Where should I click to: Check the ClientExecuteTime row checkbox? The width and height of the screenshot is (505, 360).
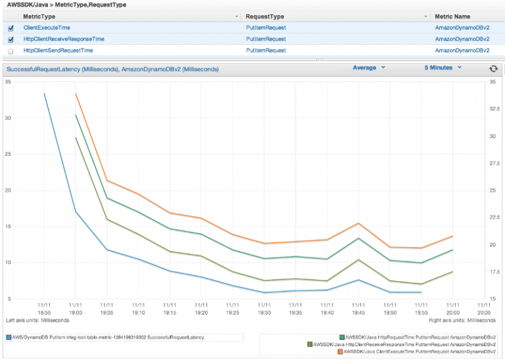point(10,28)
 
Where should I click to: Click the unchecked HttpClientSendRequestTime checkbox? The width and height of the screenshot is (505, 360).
point(10,51)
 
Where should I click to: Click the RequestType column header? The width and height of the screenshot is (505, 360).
point(264,16)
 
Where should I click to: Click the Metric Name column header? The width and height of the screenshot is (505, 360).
point(453,16)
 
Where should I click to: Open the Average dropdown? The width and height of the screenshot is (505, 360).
point(368,68)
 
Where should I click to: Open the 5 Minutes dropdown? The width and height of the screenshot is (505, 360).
point(443,68)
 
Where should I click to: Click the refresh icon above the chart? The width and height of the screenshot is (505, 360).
point(493,68)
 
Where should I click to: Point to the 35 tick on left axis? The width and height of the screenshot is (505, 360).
point(8,82)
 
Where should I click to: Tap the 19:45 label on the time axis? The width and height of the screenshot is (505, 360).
point(358,309)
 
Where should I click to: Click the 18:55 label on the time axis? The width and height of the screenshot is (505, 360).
point(44,309)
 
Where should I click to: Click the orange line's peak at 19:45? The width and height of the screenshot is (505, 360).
point(358,223)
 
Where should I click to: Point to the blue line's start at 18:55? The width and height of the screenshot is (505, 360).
point(44,93)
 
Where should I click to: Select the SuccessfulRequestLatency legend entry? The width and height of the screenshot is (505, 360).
point(105,337)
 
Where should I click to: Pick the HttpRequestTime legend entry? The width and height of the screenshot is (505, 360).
point(416,337)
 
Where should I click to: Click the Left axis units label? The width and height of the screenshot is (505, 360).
point(37,320)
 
